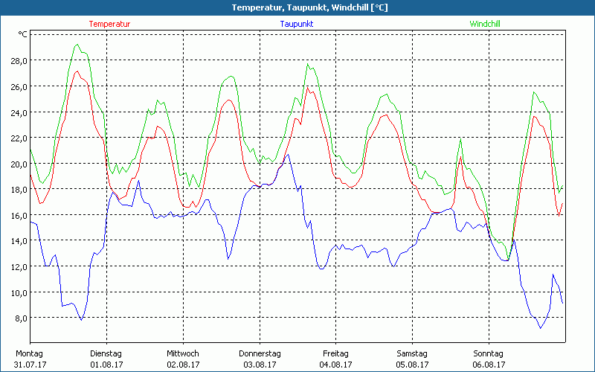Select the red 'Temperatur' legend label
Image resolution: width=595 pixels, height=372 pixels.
[x=109, y=24]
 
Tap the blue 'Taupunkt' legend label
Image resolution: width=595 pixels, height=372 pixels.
[x=297, y=24]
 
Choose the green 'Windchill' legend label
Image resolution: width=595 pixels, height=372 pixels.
[x=485, y=24]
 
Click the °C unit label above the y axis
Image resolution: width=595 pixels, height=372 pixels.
[x=23, y=34]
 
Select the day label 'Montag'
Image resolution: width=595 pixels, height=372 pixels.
[x=29, y=353]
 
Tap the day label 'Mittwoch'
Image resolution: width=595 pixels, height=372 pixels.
[x=183, y=353]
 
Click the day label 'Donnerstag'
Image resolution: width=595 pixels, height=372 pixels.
[x=260, y=353]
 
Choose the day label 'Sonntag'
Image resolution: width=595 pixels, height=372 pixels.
[x=489, y=353]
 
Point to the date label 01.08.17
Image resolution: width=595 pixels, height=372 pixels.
[x=106, y=365]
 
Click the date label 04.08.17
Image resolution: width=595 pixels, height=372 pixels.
[x=335, y=365]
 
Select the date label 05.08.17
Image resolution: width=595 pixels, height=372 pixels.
[x=412, y=365]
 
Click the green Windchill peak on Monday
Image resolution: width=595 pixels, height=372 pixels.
[x=77, y=45]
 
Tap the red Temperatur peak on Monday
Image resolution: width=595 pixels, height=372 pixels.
[x=77, y=71]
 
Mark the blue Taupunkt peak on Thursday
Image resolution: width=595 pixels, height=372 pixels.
[x=288, y=155]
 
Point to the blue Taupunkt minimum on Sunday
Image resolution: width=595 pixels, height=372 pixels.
[x=541, y=328]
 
